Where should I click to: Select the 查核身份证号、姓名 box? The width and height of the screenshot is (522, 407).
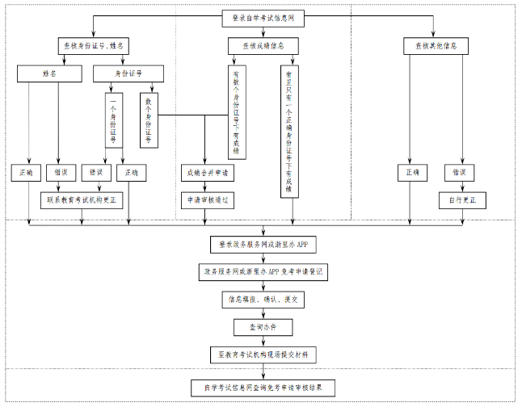click(94, 46)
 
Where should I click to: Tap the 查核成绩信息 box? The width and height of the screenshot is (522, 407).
click(256, 46)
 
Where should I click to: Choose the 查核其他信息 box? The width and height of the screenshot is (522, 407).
click(430, 46)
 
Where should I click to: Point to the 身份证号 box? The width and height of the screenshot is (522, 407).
click(129, 73)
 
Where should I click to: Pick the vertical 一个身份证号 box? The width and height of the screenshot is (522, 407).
click(112, 120)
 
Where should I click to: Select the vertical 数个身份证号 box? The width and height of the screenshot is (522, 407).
click(148, 120)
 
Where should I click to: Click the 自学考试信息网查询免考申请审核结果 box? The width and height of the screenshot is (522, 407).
click(263, 388)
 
